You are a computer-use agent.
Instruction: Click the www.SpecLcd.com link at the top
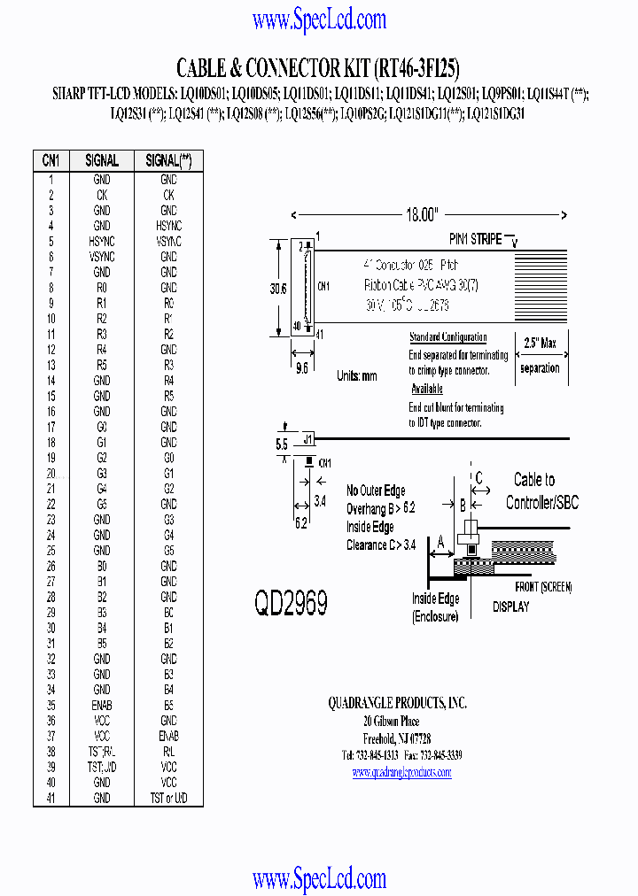click(319, 19)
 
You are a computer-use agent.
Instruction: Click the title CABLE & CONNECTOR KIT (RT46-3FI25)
click(318, 68)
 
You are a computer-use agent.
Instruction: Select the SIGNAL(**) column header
click(168, 160)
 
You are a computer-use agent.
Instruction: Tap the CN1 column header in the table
click(51, 160)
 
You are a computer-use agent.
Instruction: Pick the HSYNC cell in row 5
click(102, 242)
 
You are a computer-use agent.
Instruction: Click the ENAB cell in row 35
click(102, 706)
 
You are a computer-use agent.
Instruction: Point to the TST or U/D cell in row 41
click(168, 799)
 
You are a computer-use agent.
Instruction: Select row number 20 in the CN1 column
click(51, 474)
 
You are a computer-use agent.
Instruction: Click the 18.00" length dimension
click(422, 215)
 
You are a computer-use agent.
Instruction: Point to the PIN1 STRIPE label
click(475, 239)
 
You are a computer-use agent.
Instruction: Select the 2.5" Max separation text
click(541, 354)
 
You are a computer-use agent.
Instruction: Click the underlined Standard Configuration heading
click(447, 337)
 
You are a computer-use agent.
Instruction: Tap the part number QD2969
click(291, 603)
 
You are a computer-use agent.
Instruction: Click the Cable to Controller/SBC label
click(541, 491)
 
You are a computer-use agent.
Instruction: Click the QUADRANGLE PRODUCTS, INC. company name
click(397, 703)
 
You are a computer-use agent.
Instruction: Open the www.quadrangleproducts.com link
click(401, 772)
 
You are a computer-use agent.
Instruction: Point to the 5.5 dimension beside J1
click(282, 444)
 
